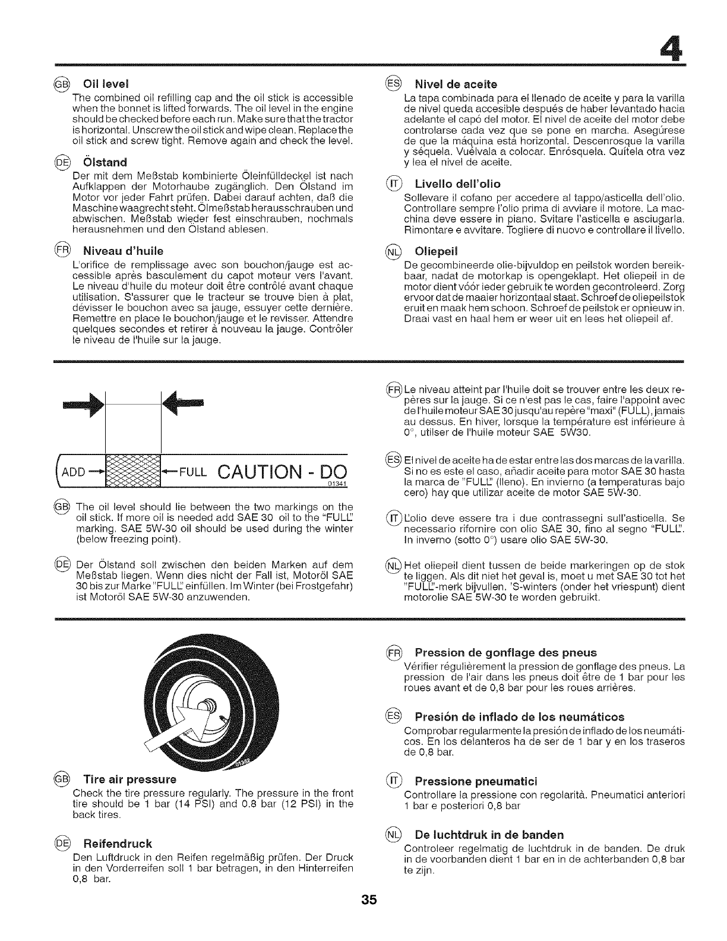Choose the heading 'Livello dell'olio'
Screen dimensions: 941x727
tap(457, 183)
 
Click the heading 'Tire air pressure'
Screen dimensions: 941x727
tap(130, 779)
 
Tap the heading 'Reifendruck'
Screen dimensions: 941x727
tap(118, 844)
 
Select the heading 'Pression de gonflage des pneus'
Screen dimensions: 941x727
tap(505, 652)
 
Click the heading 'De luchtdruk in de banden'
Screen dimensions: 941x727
tap(489, 834)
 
